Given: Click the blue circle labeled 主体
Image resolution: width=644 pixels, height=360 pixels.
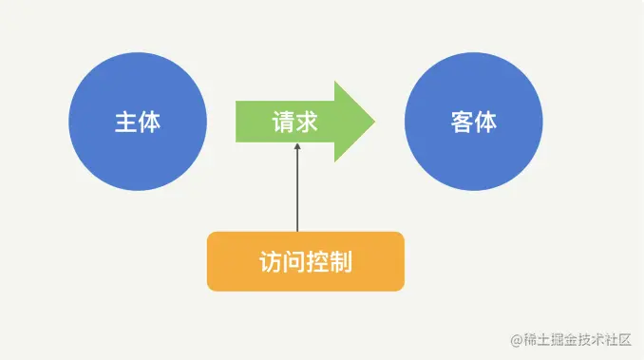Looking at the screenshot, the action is click(137, 123).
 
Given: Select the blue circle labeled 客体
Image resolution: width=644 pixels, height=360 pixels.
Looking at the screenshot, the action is click(473, 123).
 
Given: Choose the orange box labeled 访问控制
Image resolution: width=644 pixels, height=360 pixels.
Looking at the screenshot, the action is click(305, 261).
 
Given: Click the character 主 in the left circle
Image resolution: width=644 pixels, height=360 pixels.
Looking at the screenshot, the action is click(125, 123).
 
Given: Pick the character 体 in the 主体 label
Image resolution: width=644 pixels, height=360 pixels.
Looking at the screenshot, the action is click(149, 123).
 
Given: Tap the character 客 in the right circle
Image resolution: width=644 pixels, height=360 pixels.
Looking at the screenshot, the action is click(462, 123).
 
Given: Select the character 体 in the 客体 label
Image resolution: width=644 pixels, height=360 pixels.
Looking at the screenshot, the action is click(485, 123).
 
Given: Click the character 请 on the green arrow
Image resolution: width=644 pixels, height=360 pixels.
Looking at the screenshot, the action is click(283, 123).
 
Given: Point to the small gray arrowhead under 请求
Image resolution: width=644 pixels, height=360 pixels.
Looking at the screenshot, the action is click(297, 147).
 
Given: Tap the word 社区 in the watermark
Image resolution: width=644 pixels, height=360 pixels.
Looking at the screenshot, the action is click(617, 339).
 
